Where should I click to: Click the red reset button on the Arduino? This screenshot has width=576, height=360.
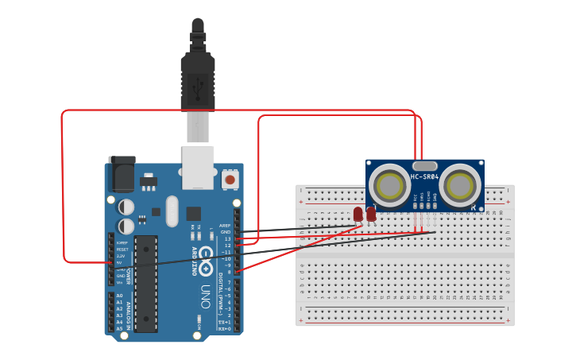click(x=230, y=180)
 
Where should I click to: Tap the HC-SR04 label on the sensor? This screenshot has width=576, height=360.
click(x=425, y=176)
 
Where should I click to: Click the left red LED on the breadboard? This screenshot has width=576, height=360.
click(x=358, y=214)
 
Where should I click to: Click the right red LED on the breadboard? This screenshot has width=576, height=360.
click(x=371, y=214)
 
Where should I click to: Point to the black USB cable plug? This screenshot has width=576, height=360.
click(x=197, y=75)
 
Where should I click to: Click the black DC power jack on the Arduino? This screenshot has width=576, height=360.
click(x=122, y=175)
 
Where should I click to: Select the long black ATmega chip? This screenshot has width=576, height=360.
click(x=146, y=283)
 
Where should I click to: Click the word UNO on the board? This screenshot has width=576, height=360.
click(x=206, y=291)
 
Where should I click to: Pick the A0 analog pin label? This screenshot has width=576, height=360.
click(x=119, y=296)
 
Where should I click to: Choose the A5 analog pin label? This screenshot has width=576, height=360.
click(x=119, y=328)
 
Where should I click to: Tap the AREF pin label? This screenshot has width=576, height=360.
click(x=225, y=226)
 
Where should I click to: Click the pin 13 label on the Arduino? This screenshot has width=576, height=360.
click(x=226, y=238)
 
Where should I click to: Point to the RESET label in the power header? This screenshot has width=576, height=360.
click(x=122, y=250)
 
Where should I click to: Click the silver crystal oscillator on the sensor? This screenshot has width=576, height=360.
click(x=425, y=165)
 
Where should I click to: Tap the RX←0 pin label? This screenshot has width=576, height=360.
click(x=224, y=328)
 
